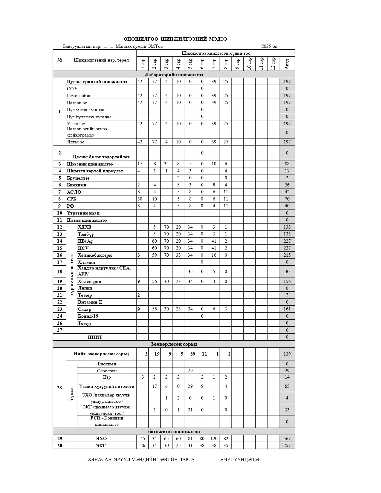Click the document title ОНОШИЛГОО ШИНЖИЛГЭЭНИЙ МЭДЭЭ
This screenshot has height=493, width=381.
175,39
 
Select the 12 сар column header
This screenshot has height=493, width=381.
273,64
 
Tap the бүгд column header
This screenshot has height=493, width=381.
287,64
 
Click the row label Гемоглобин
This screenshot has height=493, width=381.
79,96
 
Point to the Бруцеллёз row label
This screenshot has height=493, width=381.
78,178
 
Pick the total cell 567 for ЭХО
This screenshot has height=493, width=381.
287,439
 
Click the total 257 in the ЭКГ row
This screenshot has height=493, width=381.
287,445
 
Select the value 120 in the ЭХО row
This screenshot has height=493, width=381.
214,439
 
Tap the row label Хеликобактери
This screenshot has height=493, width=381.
95,255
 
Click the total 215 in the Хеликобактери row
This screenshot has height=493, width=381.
287,255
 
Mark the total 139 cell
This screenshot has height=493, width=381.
287,354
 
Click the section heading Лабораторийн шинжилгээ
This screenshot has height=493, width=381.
174,75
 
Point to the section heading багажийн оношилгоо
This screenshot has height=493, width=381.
174,432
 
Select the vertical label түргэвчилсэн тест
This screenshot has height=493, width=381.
72,275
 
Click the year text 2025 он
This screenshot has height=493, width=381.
269,46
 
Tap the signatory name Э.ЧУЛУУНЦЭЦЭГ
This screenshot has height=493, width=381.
240,460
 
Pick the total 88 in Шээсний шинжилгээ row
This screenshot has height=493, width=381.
287,164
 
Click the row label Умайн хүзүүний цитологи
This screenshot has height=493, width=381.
107,386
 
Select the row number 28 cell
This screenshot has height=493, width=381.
59,388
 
